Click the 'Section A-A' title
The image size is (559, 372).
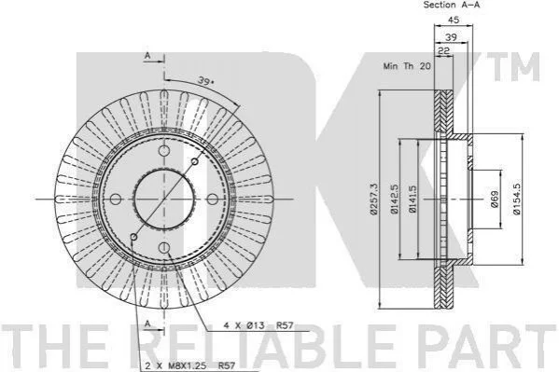tap(452, 5)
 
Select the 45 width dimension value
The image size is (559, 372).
tap(454, 20)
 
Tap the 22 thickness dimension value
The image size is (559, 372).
tap(443, 51)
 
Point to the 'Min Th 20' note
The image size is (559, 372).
tap(407, 66)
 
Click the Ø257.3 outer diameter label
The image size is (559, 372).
tap(373, 200)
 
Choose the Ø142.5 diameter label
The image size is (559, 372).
tap(394, 199)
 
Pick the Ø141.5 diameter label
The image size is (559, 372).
tap(412, 199)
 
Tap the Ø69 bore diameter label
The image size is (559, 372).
tap(495, 199)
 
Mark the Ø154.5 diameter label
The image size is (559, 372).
tap(517, 199)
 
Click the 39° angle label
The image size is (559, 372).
tap(206, 81)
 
